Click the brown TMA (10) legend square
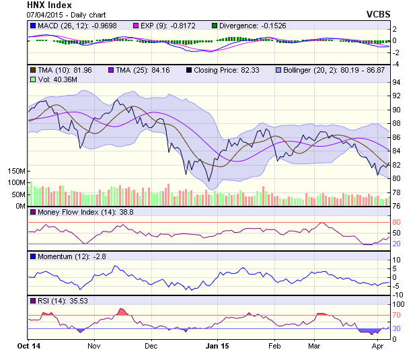tap(33, 69)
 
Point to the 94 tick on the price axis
tap(396, 82)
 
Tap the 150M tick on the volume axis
tap(16, 172)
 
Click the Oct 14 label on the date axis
tap(28, 346)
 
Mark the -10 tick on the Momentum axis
tap(397, 294)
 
